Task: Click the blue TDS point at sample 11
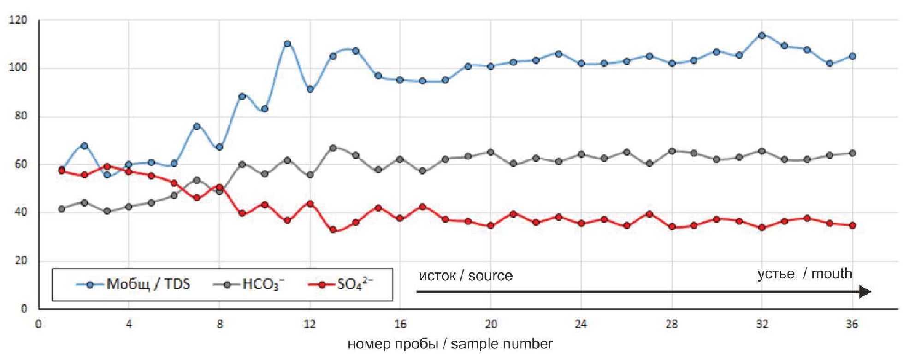click(x=287, y=44)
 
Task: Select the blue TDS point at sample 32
click(x=762, y=35)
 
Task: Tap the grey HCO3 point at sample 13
click(x=332, y=148)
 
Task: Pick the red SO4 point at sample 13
click(x=332, y=230)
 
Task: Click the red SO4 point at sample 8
click(x=219, y=188)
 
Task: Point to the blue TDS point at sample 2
click(x=84, y=146)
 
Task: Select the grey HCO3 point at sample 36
click(x=852, y=153)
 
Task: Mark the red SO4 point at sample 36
click(x=852, y=225)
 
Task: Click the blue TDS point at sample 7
click(x=197, y=126)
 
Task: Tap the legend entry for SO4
click(x=341, y=284)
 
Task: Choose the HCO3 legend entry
click(x=249, y=284)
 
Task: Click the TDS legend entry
click(x=134, y=284)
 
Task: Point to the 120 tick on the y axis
click(x=18, y=20)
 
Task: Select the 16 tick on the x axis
click(x=400, y=324)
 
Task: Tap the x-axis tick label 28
click(x=672, y=324)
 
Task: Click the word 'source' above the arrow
click(x=490, y=276)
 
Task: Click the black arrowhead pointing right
click(x=865, y=292)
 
